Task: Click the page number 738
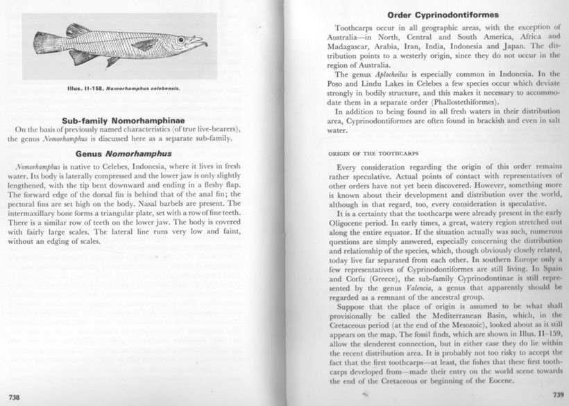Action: coord(10,396)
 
